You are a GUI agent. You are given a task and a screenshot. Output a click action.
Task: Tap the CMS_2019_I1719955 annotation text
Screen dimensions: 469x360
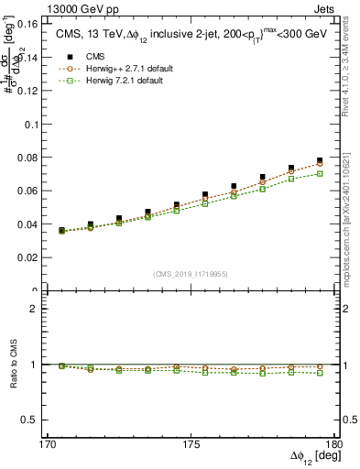pos(190,273)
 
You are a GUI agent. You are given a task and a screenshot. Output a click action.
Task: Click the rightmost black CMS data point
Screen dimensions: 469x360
pos(320,160)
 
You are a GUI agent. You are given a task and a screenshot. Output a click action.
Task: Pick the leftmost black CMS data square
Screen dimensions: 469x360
pos(61,230)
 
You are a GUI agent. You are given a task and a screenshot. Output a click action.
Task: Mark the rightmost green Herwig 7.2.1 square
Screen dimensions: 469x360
pos(320,173)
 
